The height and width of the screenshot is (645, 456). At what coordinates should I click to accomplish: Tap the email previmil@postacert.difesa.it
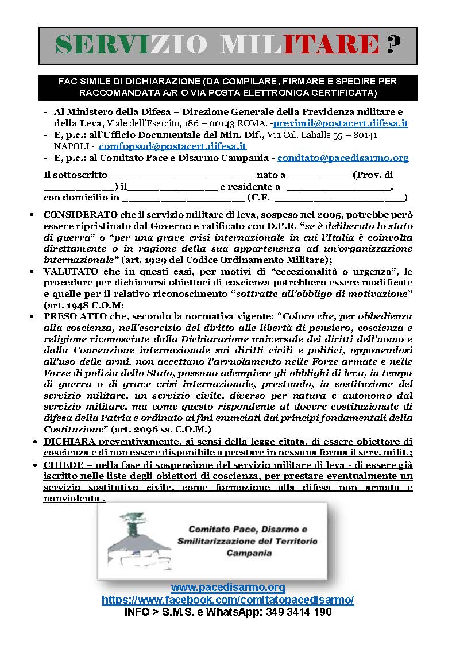[x=341, y=123]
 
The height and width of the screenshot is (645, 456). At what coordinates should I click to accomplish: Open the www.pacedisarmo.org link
[x=228, y=588]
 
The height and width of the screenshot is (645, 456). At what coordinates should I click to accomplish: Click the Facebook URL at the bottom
[x=228, y=600]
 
